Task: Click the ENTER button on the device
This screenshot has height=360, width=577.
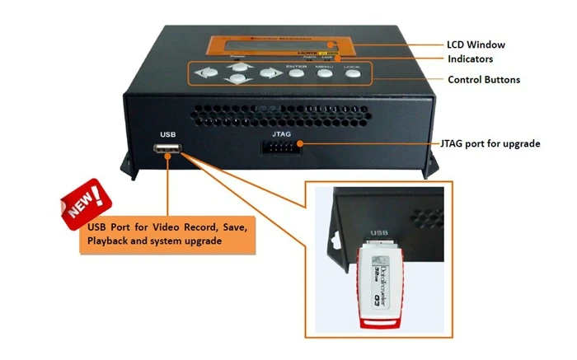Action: (x=297, y=74)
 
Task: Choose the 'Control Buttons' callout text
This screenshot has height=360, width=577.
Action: (x=485, y=81)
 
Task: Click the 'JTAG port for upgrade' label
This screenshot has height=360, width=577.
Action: (x=491, y=144)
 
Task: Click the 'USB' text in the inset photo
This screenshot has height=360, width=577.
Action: (x=380, y=233)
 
